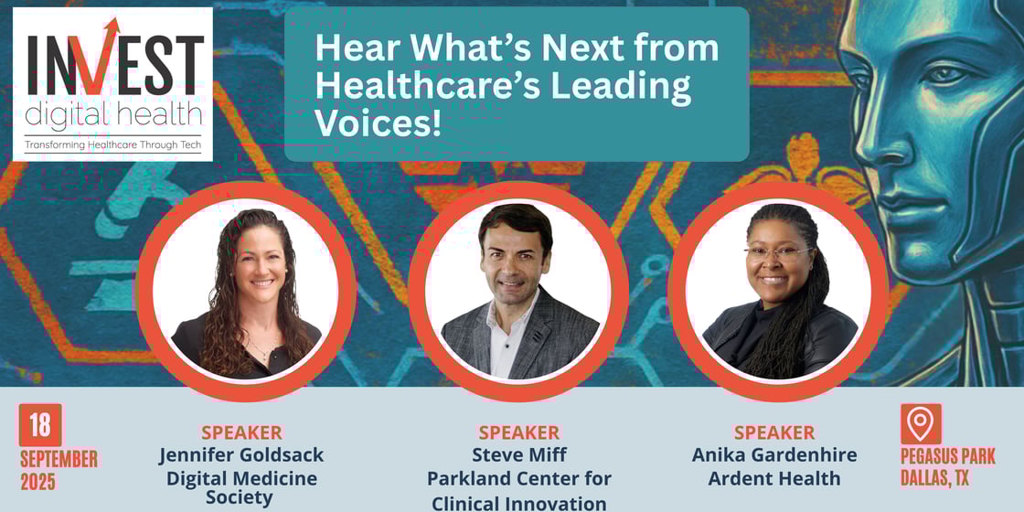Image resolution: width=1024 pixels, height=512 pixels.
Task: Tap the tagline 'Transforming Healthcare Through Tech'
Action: coord(112,144)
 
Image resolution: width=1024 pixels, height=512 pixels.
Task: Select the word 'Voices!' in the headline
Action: coord(378,123)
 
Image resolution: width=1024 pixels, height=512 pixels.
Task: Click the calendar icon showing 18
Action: coord(40,425)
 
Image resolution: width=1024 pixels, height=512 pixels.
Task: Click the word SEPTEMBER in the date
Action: coord(59,458)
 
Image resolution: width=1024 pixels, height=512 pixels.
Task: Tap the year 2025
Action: coord(38,482)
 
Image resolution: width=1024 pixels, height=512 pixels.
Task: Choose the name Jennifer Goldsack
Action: coord(241,454)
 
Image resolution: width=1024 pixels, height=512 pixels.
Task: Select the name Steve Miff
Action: coord(518,454)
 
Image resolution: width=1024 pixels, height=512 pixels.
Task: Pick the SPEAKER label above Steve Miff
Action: coord(518,432)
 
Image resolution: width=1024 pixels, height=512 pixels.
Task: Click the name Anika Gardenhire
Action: coord(773,454)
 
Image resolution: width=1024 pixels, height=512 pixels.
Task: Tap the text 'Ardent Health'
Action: coord(773,477)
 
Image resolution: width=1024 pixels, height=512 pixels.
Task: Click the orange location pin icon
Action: coord(920,423)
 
